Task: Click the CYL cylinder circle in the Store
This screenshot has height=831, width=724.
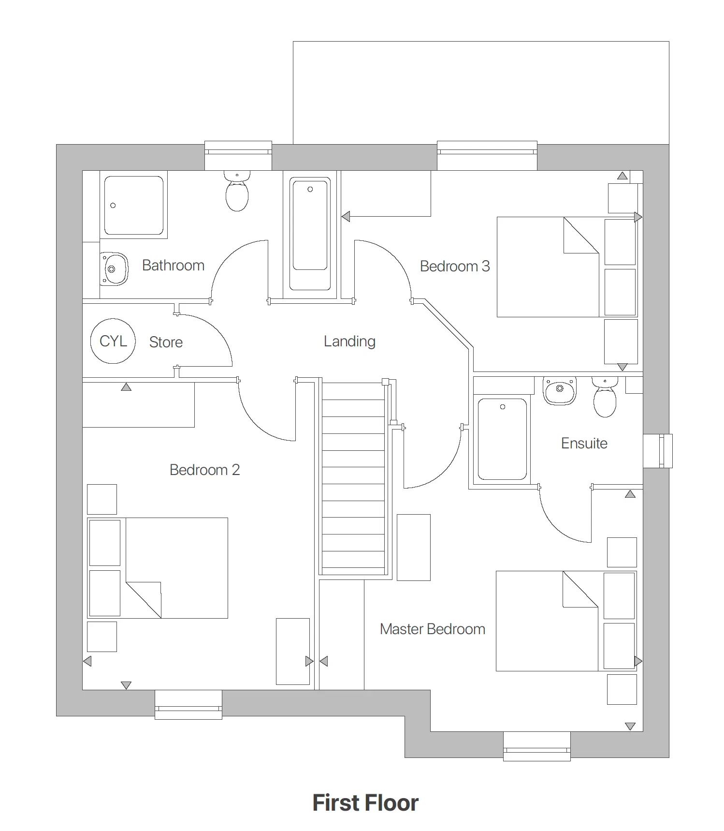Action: [x=113, y=341]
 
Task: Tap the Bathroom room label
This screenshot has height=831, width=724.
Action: [x=173, y=265]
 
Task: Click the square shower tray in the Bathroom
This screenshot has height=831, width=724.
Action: [x=134, y=205]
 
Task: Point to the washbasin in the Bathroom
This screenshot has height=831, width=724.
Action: [x=115, y=268]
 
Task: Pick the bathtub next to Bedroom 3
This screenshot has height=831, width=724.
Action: [x=310, y=234]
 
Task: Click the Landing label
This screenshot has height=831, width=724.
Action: [x=349, y=341]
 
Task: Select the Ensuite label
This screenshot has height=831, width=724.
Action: [x=584, y=443]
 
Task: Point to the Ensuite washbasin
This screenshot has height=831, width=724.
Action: [x=560, y=390]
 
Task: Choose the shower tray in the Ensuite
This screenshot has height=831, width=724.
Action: [x=502, y=439]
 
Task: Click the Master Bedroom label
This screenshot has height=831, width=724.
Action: [x=432, y=629]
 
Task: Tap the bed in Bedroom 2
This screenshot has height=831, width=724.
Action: [x=176, y=568]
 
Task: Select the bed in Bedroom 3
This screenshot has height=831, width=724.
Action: [x=548, y=267]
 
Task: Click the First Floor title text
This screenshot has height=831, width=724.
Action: [x=365, y=803]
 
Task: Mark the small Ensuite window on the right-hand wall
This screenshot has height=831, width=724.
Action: [x=658, y=451]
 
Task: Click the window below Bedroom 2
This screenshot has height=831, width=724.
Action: [x=188, y=705]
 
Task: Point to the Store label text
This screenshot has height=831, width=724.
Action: [x=166, y=342]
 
